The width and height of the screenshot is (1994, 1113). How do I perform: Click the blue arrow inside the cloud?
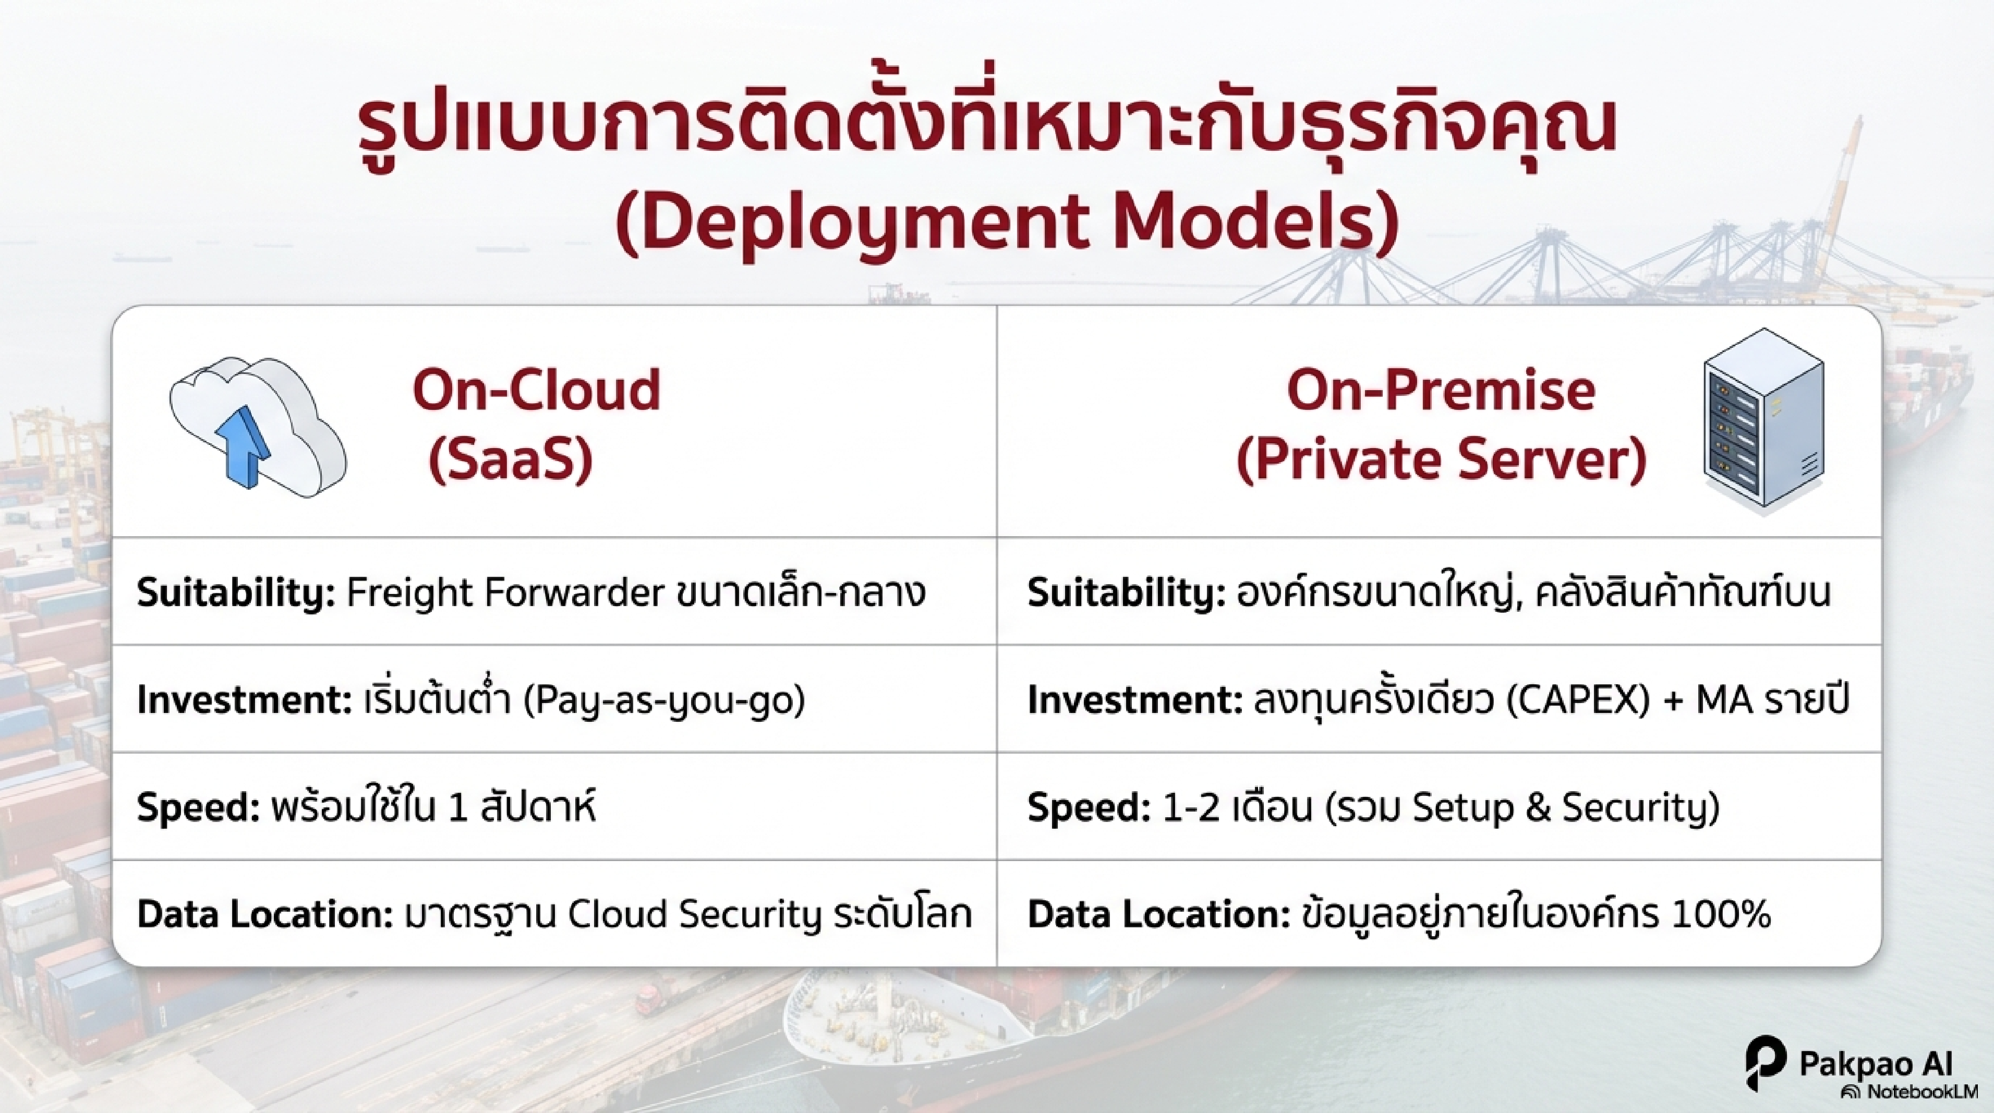246,447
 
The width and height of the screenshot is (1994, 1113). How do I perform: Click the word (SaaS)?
511,459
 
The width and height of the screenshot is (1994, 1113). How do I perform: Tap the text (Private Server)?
1441,459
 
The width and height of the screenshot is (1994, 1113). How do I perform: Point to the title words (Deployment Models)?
1006,222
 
